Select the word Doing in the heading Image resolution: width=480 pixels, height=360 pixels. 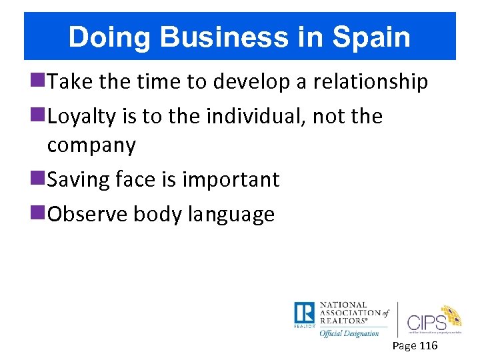pyautogui.click(x=101, y=37)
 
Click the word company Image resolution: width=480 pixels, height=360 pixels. pyautogui.click(x=91, y=145)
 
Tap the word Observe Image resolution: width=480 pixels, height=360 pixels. pyautogui.click(x=89, y=214)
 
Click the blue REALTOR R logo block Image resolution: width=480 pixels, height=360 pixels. pyautogui.click(x=304, y=314)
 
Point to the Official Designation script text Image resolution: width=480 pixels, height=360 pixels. pyautogui.click(x=349, y=333)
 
